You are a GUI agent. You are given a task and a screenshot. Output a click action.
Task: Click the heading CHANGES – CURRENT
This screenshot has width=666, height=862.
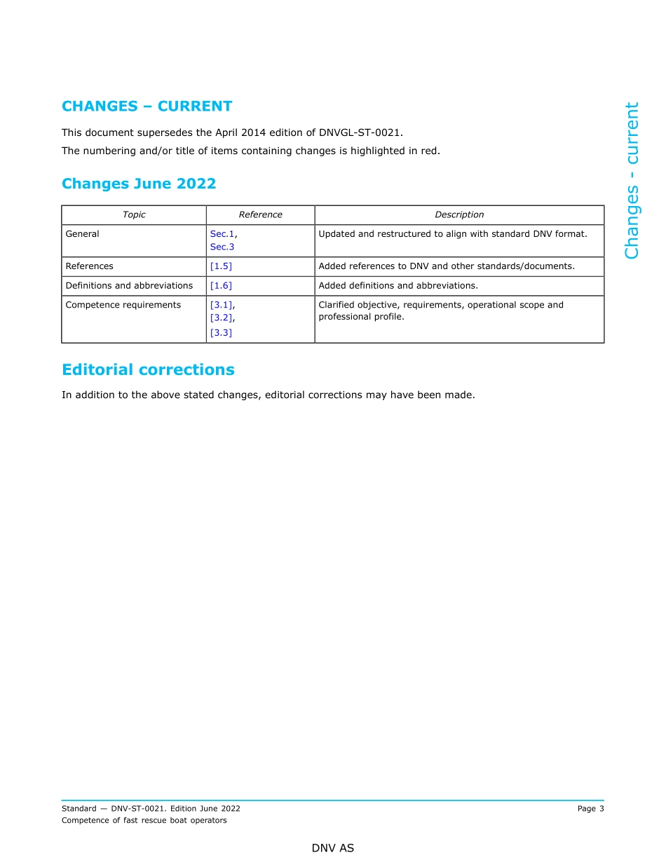coord(147,107)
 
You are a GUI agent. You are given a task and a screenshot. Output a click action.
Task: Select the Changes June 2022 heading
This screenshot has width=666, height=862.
coord(139,184)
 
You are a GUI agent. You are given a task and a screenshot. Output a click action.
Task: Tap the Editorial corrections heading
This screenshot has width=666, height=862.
coord(148,370)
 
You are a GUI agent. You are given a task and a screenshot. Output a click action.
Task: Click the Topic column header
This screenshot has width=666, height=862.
coord(134,215)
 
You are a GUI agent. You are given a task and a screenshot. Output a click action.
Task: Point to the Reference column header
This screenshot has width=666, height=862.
coord(260,215)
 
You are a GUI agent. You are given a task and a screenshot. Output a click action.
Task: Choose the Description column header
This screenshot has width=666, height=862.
coord(459,215)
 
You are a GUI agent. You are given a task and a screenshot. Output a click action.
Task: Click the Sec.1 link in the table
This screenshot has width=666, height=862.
coord(222,234)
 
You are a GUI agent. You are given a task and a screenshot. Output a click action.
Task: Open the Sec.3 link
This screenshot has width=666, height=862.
coord(222,247)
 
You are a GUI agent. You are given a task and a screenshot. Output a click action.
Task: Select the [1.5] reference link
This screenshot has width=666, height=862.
coord(221,266)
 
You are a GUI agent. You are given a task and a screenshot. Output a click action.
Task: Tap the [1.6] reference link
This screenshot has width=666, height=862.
coord(221,286)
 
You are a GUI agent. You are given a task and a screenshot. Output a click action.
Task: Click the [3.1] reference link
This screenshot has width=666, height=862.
coord(222,305)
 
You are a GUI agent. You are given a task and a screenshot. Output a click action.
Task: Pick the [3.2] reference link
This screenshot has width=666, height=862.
coord(222,318)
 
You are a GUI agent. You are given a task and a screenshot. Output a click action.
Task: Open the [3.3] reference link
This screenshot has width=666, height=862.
coord(221,333)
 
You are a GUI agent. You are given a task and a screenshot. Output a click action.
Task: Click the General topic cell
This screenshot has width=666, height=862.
coord(82,234)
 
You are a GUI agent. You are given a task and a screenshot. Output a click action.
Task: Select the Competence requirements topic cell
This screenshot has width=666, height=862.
coord(123,305)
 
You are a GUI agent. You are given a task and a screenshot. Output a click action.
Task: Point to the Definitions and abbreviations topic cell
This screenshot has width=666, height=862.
coord(129,286)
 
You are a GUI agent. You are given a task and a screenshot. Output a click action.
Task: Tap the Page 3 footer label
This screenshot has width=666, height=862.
coord(590,809)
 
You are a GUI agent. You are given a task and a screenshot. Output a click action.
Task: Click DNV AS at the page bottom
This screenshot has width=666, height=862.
coord(333,848)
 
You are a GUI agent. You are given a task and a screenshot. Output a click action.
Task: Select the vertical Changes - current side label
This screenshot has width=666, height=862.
coord(632,181)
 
